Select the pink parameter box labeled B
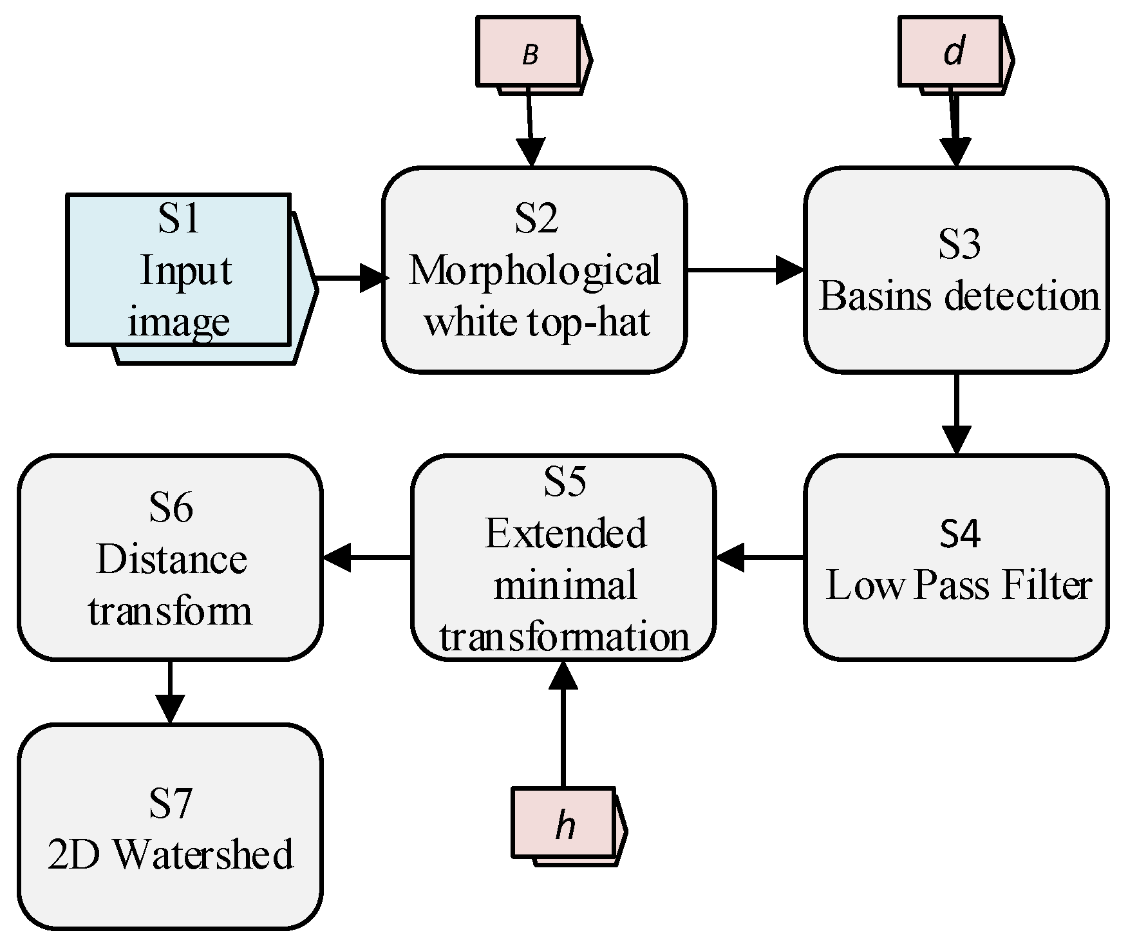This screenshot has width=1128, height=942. click(x=527, y=52)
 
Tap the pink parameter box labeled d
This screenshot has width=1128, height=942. click(x=950, y=52)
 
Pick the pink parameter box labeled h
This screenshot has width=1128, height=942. click(x=563, y=824)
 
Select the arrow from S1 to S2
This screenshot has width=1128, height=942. click(x=351, y=278)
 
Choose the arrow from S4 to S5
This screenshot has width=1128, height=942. click(x=760, y=557)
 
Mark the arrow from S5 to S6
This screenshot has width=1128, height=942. click(x=367, y=557)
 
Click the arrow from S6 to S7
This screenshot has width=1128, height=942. click(x=170, y=692)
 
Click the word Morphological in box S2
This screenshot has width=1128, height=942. click(x=534, y=270)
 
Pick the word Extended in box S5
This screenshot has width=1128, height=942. click(x=565, y=534)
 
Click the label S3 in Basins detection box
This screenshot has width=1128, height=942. click(x=959, y=245)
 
